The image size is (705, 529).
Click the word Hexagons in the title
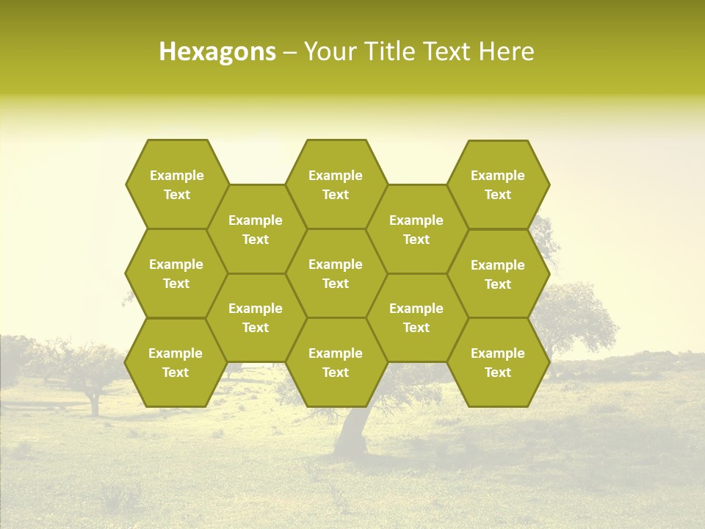[217, 51]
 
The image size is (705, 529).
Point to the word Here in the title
[506, 51]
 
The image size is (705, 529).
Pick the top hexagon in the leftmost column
[176, 184]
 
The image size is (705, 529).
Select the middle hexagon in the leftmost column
[176, 273]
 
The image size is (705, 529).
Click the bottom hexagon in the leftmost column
[176, 362]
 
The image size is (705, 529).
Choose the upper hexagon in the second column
[256, 229]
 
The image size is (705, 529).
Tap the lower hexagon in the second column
[256, 317]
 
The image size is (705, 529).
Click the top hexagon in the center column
[336, 184]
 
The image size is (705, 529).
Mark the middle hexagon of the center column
[336, 273]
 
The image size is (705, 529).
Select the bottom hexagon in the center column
[336, 362]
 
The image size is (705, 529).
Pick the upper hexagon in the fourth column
[416, 229]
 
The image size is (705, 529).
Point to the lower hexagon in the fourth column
[416, 317]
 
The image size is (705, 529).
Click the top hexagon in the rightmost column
[498, 184]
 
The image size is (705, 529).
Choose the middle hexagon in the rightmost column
[498, 274]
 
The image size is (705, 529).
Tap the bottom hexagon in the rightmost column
[498, 362]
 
